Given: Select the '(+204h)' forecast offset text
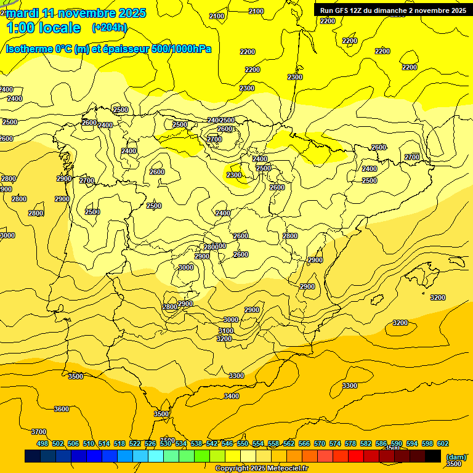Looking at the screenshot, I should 110,27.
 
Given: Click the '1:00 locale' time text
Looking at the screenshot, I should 43,28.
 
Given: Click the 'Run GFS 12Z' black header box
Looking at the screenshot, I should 393,10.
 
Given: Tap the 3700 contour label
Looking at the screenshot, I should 39,432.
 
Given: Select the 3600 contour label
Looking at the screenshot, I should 62,409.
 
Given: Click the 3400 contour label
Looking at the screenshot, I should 232,396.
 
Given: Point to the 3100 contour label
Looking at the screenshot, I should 226,331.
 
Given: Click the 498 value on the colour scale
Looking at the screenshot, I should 42,443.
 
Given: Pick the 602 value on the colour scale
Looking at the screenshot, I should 443,443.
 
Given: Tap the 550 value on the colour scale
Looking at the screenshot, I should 243,443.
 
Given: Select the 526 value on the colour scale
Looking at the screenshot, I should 150,443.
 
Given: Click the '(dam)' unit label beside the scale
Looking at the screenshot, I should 456,456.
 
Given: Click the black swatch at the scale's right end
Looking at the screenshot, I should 433,456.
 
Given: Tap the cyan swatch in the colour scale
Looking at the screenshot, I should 156,456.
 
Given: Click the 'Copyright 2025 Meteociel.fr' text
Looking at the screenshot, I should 262,469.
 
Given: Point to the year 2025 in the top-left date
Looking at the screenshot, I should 132,13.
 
